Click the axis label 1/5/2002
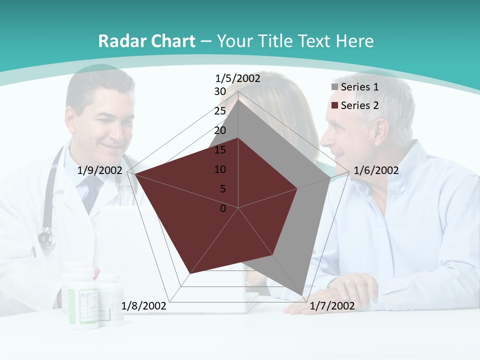238,78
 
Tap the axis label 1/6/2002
376,170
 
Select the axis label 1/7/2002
332,305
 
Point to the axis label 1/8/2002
144,305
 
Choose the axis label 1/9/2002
100,170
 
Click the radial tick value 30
220,91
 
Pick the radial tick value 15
220,150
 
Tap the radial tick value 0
223,208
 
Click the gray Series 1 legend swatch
334,87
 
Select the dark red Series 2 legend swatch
334,105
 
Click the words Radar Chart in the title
146,41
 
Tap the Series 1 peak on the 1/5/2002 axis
238,100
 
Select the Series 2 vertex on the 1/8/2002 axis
190,273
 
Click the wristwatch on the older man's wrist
334,283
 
